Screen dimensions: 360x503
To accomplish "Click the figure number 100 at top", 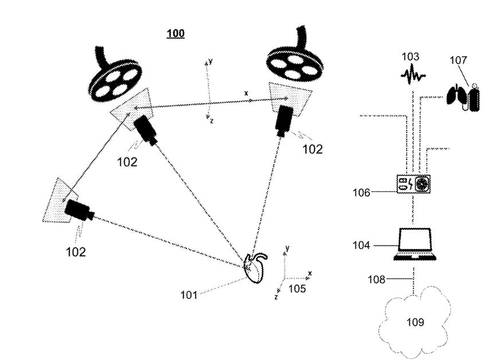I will tap(175, 34).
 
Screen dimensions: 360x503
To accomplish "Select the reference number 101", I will tap(189, 295).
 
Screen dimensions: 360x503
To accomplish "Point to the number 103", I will tap(410, 57).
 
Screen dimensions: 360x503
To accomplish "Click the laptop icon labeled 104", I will tap(414, 245).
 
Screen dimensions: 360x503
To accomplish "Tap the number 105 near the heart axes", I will tap(297, 288).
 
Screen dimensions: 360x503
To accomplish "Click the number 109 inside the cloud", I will tap(415, 323).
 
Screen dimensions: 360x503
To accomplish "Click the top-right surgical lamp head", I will tap(292, 64).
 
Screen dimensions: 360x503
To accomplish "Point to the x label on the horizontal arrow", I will tap(246, 93).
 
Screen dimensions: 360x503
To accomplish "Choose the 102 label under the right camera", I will tap(312, 149).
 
